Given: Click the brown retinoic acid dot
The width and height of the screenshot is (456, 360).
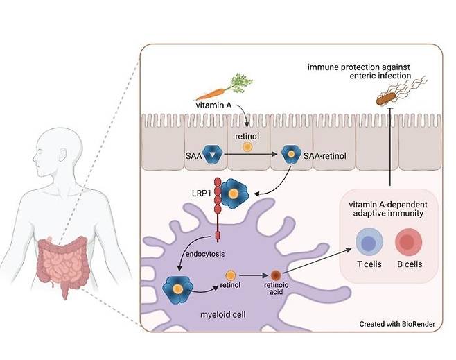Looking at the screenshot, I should [x=275, y=275].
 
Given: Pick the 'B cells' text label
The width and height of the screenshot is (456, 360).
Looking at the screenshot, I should [x=410, y=265].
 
